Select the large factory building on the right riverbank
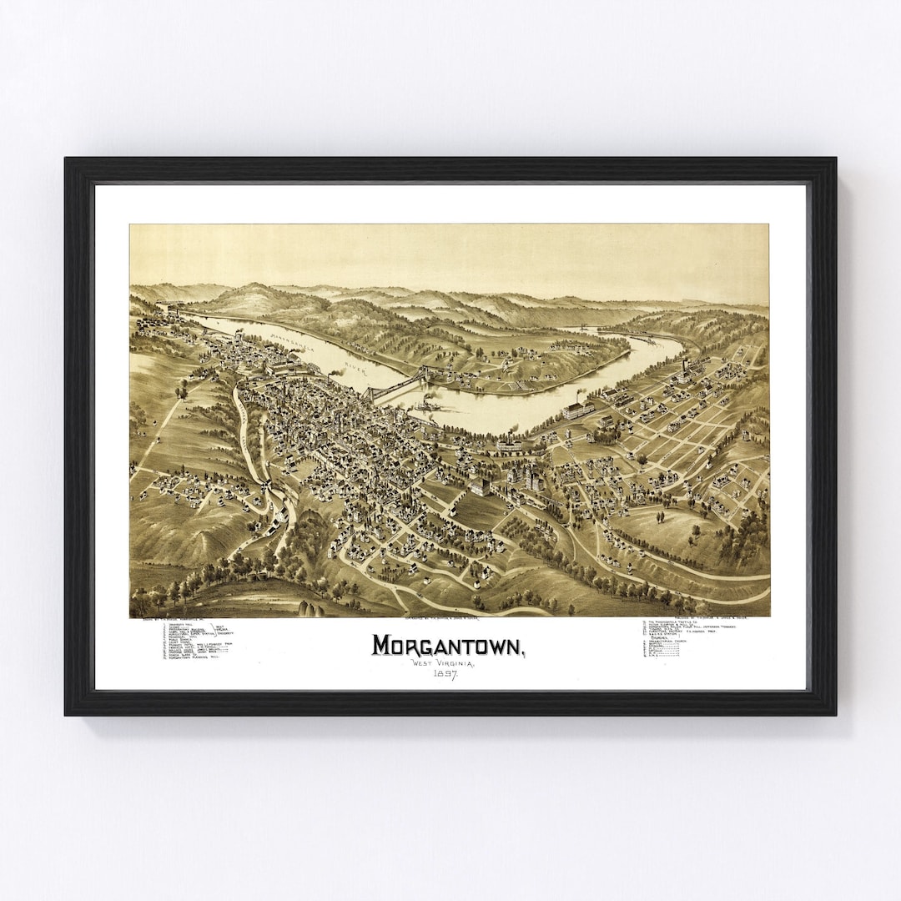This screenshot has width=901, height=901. (x=578, y=410)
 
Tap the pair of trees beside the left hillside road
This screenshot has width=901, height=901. (x=181, y=390)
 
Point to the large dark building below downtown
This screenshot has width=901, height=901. (x=481, y=486)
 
